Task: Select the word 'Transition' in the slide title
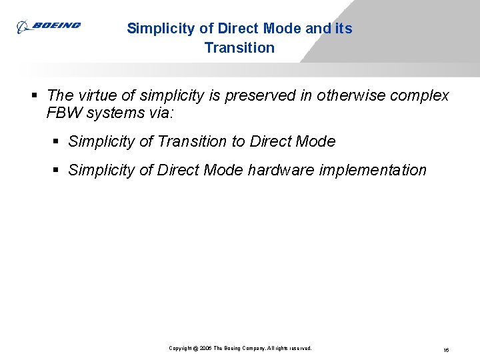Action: click(x=239, y=48)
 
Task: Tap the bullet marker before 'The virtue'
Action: click(x=33, y=96)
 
